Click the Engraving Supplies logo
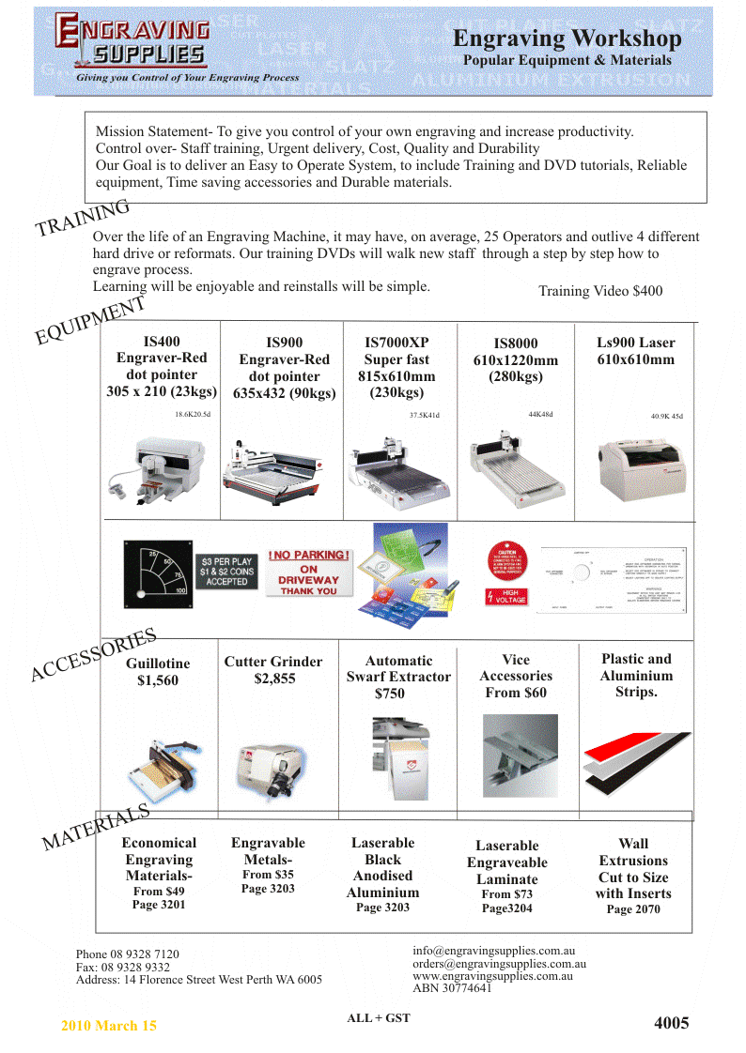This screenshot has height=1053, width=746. (x=132, y=43)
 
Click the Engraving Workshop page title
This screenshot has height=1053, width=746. (x=567, y=39)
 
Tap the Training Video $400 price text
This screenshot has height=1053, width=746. (x=600, y=291)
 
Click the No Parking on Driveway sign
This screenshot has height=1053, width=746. (x=308, y=572)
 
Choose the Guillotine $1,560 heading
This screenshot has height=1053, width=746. (x=158, y=672)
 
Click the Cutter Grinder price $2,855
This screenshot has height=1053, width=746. (x=274, y=679)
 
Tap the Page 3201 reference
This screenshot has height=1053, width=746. (x=159, y=905)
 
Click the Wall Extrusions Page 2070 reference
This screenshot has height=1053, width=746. (x=633, y=908)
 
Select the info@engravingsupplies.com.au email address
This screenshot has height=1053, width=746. (x=493, y=951)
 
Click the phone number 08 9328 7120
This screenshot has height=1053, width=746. (x=128, y=954)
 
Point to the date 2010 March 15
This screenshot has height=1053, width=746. (x=109, y=1026)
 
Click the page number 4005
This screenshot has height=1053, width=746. (x=672, y=1023)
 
